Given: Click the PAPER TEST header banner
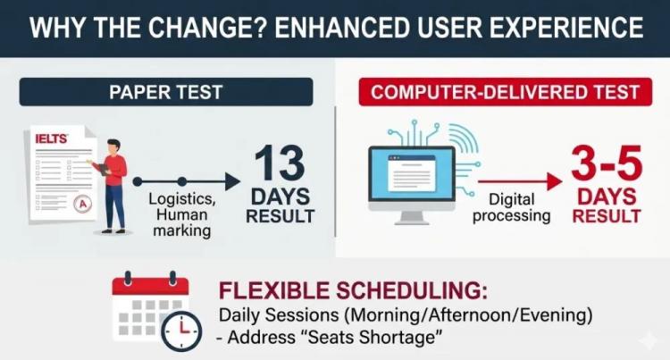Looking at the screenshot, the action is pyautogui.click(x=166, y=92).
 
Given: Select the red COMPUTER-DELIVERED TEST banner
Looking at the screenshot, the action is pyautogui.click(x=505, y=92).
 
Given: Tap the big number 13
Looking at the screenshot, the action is pyautogui.click(x=280, y=163).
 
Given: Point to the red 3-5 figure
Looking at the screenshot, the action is pyautogui.click(x=607, y=163).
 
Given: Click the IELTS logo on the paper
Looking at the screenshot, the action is pyautogui.click(x=51, y=138).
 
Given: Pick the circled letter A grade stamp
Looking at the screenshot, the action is pyautogui.click(x=82, y=205).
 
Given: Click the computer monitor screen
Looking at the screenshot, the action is pyautogui.click(x=412, y=173).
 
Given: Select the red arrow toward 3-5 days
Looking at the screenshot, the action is pyautogui.click(x=520, y=182).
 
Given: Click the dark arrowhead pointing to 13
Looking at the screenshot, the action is pyautogui.click(x=232, y=182).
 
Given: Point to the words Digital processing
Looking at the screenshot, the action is pyautogui.click(x=512, y=207).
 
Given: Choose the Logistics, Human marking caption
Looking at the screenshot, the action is pyautogui.click(x=182, y=214).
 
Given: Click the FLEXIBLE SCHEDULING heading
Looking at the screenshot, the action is pyautogui.click(x=353, y=290).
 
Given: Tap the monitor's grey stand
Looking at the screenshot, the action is pyautogui.click(x=412, y=214).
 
